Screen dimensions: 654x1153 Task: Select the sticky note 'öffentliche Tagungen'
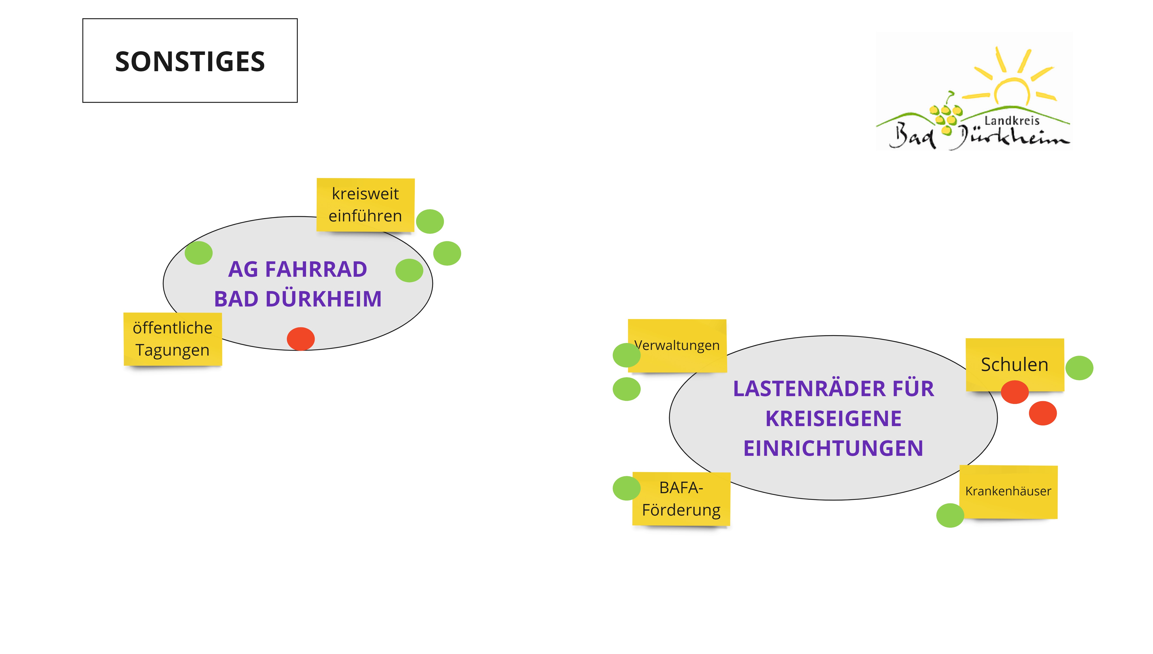172,339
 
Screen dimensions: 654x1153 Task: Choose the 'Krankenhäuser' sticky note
1008,491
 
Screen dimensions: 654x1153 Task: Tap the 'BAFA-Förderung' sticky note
681,499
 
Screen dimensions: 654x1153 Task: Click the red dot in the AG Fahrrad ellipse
301,339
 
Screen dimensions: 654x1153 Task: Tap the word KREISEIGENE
834,419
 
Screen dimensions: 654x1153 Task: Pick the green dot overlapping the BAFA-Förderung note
626,488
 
